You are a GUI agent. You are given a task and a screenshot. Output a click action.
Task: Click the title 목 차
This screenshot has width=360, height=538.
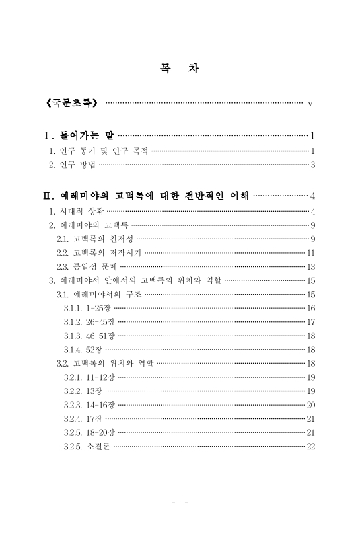point(179,69)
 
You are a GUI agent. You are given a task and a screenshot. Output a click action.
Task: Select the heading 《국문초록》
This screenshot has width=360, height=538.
point(71,104)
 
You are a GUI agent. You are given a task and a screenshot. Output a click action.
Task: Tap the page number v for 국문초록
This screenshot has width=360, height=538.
point(310,104)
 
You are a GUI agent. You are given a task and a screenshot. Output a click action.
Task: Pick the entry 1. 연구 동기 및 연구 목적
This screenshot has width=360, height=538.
point(99,151)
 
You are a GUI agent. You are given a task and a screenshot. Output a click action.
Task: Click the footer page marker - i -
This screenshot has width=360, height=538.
point(179,502)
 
